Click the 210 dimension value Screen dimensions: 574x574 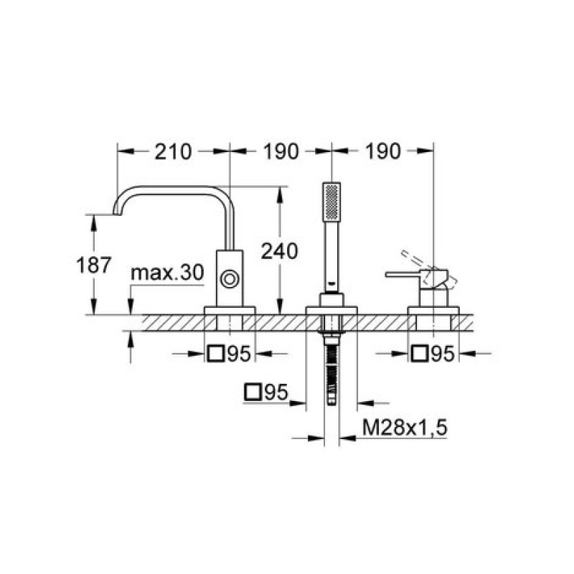[x=173, y=151]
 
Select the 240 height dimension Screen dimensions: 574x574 [x=279, y=251]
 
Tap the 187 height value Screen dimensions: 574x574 [x=93, y=265]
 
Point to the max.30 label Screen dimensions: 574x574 [x=167, y=273]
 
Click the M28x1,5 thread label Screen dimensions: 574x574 [x=405, y=428]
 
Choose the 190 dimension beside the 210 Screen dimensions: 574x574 [x=281, y=151]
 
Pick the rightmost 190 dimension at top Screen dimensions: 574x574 [x=383, y=151]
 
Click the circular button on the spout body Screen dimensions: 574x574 [x=230, y=279]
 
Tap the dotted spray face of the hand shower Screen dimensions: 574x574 [x=331, y=202]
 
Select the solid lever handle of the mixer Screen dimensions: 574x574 [x=403, y=274]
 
